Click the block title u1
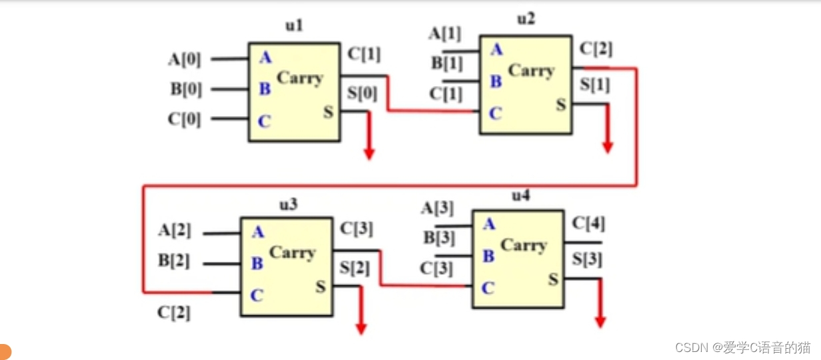[294, 26]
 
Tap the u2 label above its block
[526, 19]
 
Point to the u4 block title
[520, 196]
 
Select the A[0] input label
[183, 59]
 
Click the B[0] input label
[185, 89]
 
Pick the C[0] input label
[184, 119]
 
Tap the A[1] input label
[444, 33]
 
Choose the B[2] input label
[174, 261]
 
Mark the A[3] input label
[437, 208]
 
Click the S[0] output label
[362, 94]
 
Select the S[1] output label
[594, 85]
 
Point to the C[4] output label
[588, 224]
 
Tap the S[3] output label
[586, 260]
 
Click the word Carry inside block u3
[292, 253]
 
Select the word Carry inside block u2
[531, 70]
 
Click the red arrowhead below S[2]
[361, 328]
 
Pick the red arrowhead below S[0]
[369, 154]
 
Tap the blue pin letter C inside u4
[488, 288]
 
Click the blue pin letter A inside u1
[265, 58]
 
